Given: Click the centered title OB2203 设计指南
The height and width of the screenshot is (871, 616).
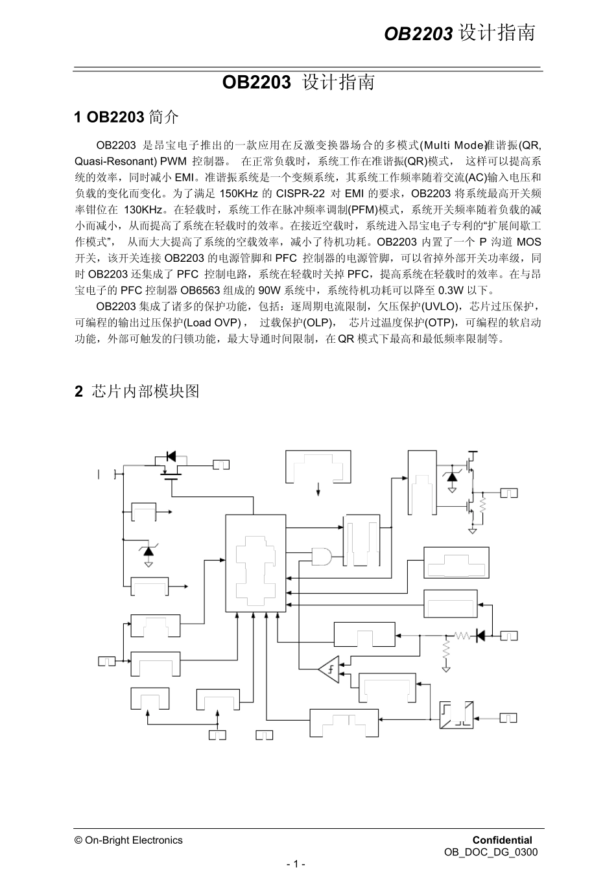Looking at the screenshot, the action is [298, 83].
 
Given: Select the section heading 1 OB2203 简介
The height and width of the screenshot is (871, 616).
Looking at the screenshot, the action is [126, 117].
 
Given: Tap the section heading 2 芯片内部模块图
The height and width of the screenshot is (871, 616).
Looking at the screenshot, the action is [137, 391].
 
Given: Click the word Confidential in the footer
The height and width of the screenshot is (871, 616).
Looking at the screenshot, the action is [502, 840].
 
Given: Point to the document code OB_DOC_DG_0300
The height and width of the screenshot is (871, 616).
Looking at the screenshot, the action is [491, 852].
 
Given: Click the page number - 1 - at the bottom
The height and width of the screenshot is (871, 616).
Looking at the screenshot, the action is [296, 864].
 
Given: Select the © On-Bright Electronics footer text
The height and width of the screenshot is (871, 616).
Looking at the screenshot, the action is [129, 840].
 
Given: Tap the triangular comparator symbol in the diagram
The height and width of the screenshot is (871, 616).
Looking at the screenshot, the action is [329, 669].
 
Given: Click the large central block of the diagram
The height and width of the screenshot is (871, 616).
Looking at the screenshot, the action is [255, 564].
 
